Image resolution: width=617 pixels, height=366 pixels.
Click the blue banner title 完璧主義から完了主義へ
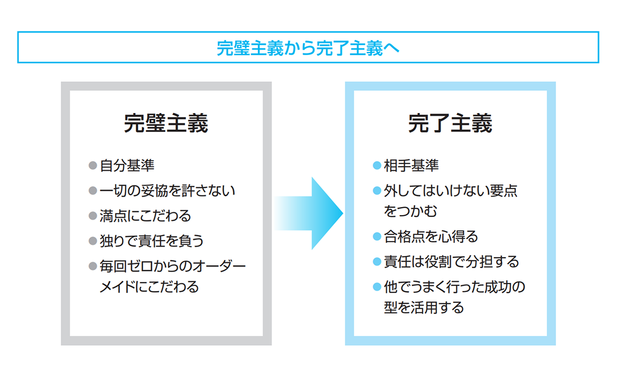(308, 48)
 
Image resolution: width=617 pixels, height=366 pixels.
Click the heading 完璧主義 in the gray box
(166, 123)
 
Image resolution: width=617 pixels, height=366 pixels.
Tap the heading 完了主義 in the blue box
(450, 123)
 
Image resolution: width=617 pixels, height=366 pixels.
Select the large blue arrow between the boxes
(308, 213)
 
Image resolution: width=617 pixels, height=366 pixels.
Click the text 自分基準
(127, 165)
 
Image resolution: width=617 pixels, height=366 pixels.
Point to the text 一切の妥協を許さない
(168, 190)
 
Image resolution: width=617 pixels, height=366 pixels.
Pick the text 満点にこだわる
(145, 216)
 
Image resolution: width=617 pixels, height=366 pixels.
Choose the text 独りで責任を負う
(151, 241)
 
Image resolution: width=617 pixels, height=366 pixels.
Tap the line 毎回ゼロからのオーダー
(172, 266)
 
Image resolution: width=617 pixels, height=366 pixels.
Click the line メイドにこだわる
(149, 287)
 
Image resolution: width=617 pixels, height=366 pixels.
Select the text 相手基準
(411, 165)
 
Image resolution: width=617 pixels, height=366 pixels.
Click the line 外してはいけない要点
(451, 190)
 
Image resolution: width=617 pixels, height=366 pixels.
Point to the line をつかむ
(411, 211)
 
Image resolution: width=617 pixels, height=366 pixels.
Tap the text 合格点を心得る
(431, 236)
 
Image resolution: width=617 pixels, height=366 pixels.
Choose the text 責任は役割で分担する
(451, 262)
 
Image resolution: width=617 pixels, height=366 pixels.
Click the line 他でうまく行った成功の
(455, 287)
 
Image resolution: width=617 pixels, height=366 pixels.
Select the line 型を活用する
(424, 307)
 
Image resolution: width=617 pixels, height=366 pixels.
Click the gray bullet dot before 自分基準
(93, 165)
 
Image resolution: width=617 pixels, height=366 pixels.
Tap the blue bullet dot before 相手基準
(377, 165)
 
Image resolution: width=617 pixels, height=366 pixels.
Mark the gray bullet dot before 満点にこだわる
(93, 216)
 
